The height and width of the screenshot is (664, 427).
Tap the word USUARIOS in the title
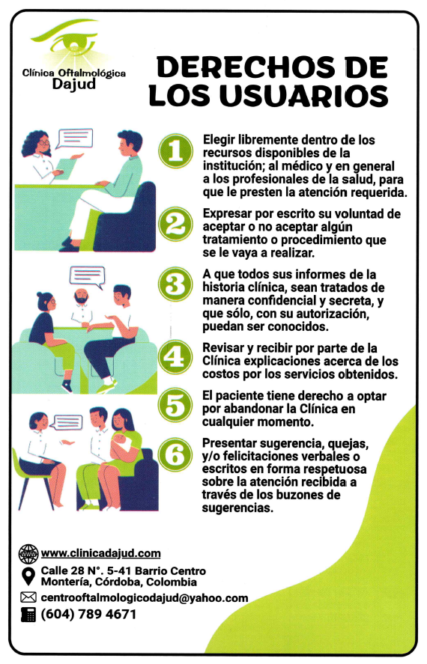coord(304,96)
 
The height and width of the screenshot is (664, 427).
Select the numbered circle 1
coord(176,150)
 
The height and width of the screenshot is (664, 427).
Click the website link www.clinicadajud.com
coord(101,553)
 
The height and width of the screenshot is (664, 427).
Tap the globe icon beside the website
coord(28,553)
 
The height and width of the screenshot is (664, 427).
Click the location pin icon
coord(28,576)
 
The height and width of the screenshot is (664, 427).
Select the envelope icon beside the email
coord(28,597)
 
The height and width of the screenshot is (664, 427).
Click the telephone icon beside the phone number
coord(28,614)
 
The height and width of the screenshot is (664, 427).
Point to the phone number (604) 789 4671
coord(88,614)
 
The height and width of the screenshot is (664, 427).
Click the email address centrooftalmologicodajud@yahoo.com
coord(145,597)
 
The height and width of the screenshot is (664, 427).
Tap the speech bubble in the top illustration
coord(75,138)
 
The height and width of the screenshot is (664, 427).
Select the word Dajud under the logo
coord(73,83)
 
